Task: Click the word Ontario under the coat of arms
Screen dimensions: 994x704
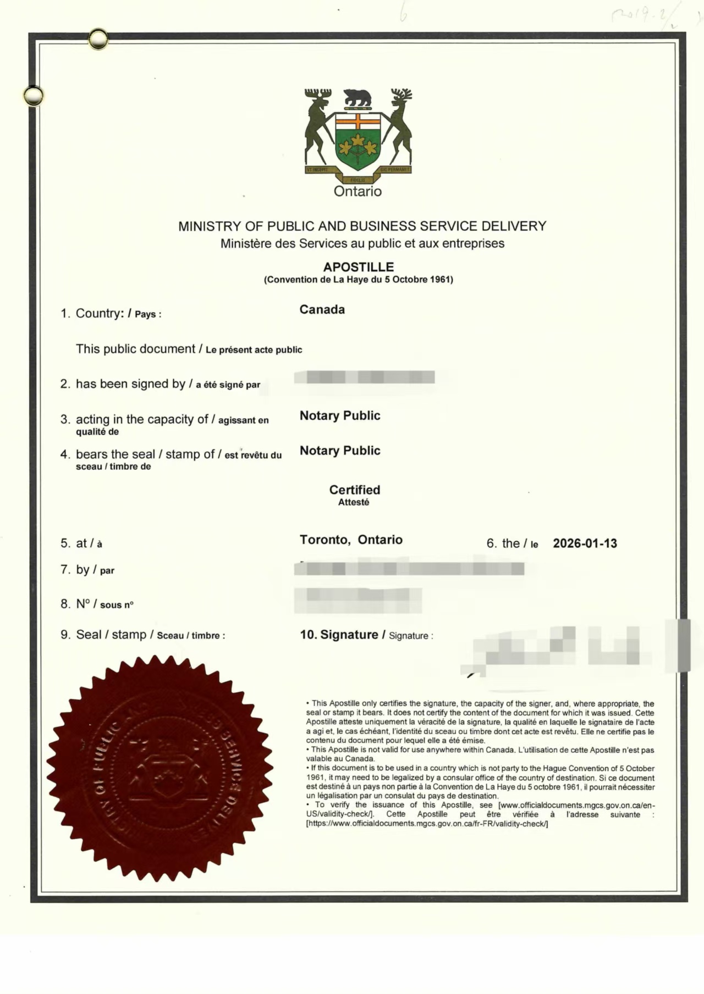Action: click(x=358, y=191)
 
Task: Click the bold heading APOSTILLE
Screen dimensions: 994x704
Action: click(x=358, y=267)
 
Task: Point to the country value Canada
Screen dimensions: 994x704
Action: click(x=322, y=309)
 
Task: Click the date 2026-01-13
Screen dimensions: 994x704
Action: click(x=585, y=543)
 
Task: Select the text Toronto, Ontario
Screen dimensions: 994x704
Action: click(x=351, y=540)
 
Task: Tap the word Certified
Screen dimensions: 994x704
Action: click(x=355, y=490)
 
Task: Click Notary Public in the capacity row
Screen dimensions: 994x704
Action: click(x=340, y=415)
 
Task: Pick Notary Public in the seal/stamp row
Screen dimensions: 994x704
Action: click(x=340, y=451)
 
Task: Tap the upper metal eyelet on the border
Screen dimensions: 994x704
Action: click(x=98, y=39)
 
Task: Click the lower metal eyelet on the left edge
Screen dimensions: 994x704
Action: click(x=33, y=96)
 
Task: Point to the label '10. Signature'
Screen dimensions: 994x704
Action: click(x=339, y=635)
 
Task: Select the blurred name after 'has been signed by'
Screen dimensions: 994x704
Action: click(x=364, y=377)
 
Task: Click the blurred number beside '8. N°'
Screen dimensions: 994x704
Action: click(x=358, y=599)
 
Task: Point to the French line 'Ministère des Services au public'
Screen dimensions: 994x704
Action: click(x=362, y=243)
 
